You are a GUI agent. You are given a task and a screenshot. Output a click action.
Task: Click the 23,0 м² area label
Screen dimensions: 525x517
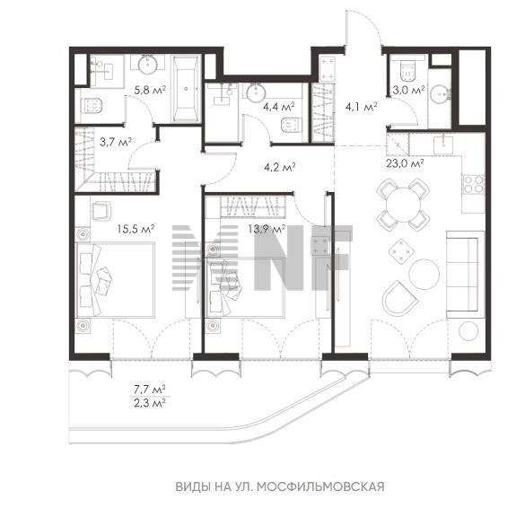(405, 163)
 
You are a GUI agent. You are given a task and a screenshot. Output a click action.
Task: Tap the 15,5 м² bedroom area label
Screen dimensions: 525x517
(136, 230)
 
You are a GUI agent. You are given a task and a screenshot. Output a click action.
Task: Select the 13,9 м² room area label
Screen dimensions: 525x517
(267, 230)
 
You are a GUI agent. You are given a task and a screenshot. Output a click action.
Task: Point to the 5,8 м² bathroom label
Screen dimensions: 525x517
(150, 90)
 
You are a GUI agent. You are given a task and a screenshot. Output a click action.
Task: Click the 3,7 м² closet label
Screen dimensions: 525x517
(115, 142)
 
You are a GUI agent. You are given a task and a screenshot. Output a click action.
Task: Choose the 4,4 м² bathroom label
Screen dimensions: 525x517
(278, 107)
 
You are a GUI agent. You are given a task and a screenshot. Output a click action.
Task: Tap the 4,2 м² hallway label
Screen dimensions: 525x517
(279, 167)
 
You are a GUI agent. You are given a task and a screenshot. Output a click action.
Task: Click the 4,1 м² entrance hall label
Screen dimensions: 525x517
(362, 107)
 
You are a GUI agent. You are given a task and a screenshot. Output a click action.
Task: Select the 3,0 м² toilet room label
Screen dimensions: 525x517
(409, 90)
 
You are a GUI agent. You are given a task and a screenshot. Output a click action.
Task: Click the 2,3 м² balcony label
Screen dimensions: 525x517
(150, 404)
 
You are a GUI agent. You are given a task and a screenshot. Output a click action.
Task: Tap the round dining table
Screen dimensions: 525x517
(403, 205)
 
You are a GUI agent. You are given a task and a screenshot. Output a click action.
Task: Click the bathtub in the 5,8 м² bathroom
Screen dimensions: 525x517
(186, 89)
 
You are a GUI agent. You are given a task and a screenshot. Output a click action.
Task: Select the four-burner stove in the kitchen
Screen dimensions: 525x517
(474, 185)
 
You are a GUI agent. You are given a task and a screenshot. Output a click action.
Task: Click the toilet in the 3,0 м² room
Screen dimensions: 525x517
(408, 72)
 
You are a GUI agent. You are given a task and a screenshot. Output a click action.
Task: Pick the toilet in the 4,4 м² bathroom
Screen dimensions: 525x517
(290, 126)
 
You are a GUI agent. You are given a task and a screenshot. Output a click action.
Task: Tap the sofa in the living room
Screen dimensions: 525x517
(465, 275)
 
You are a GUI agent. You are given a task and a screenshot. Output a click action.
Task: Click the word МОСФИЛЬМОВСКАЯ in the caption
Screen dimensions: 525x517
(320, 486)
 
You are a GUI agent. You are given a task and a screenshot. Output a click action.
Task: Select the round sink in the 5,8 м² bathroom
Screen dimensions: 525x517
(148, 65)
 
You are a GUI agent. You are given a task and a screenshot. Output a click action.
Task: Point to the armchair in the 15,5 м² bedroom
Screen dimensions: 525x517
(101, 211)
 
